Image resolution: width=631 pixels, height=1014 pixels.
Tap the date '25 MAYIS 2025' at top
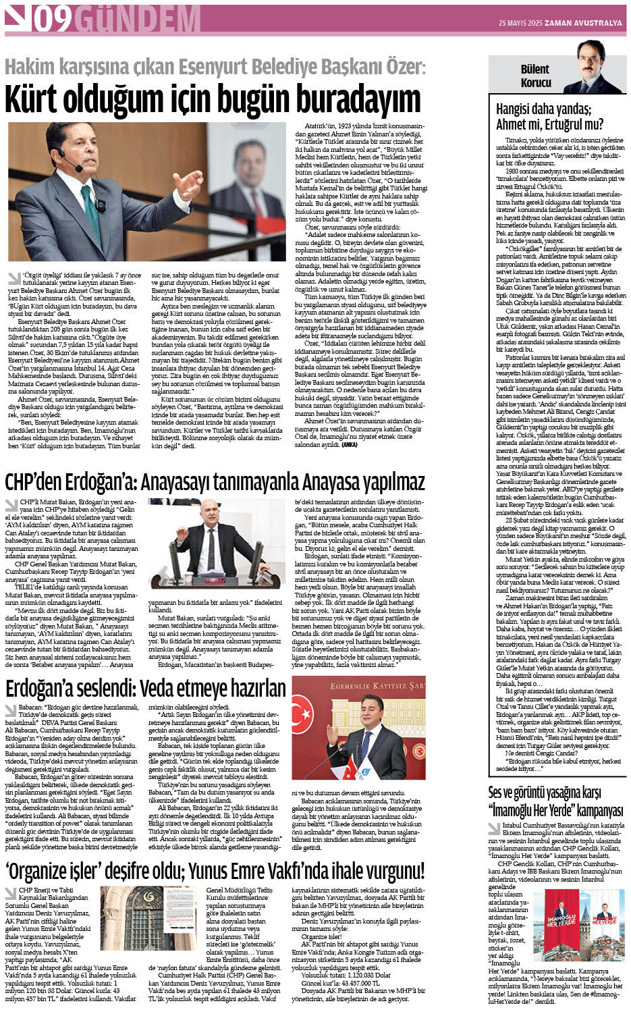click(x=520, y=23)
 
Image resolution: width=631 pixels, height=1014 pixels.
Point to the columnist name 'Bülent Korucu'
click(x=534, y=76)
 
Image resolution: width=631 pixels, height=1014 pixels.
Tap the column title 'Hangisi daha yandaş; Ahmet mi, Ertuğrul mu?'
click(x=549, y=116)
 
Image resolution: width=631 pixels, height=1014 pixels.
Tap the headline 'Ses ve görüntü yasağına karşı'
click(x=544, y=792)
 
